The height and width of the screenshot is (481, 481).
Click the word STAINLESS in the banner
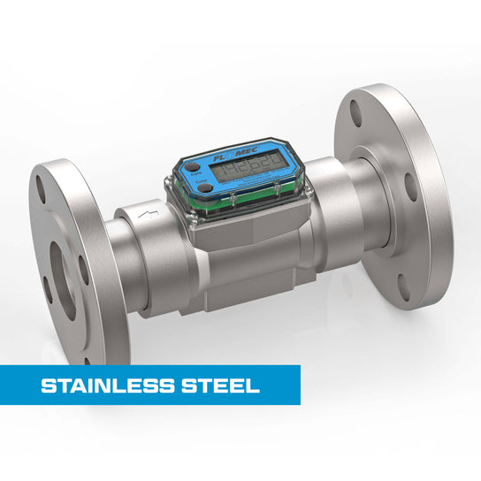pyautogui.click(x=96, y=386)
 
